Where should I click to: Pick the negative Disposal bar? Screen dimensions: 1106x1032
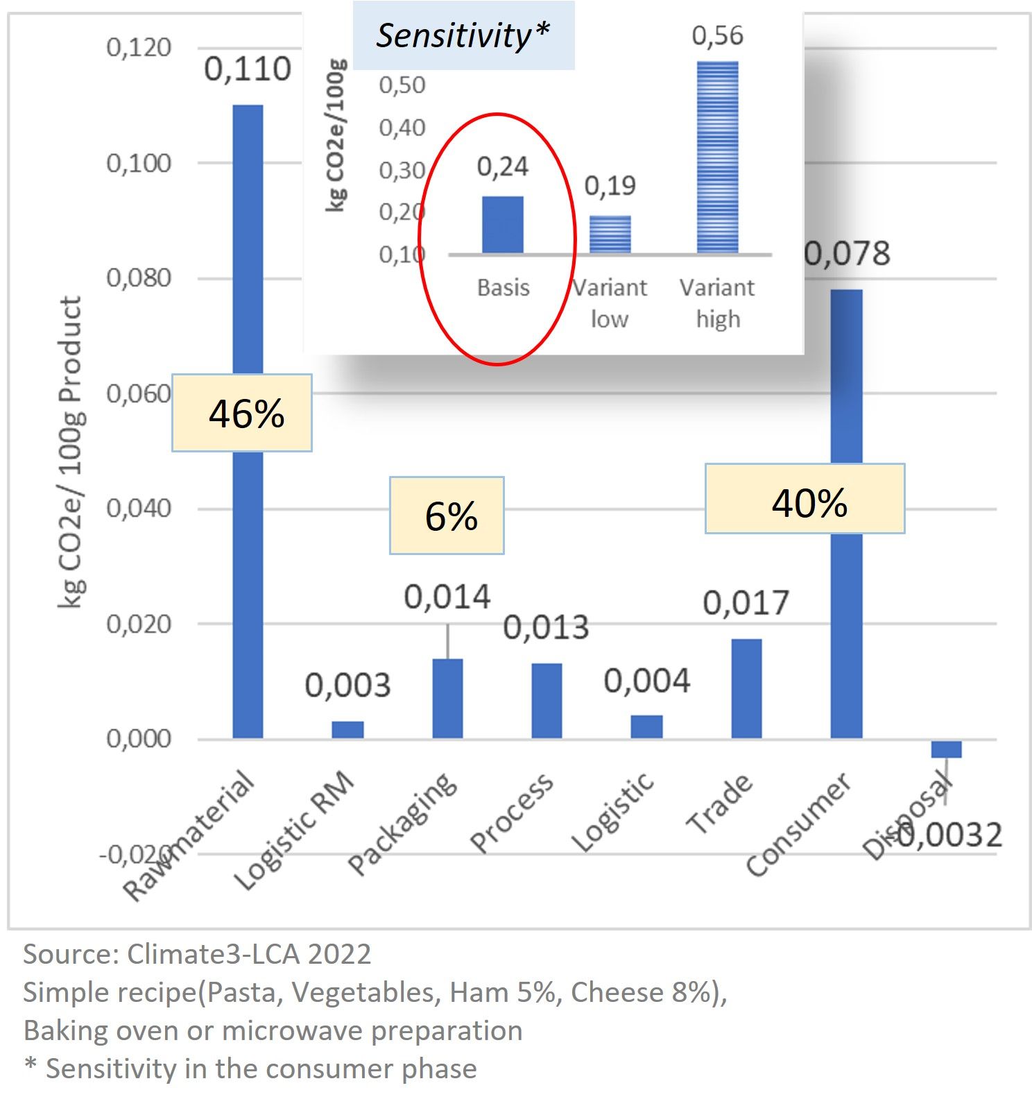coord(946,749)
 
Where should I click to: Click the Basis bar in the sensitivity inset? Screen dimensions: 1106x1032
coord(503,225)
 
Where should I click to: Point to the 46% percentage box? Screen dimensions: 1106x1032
coord(242,414)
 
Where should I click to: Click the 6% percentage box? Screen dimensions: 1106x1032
coord(447,516)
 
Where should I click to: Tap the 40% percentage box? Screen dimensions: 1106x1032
coord(805,499)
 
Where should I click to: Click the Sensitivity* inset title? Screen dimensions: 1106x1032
coord(463,35)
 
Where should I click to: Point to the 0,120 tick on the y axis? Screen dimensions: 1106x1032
coord(139,48)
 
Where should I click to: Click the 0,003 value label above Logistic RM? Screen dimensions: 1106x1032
coord(347,686)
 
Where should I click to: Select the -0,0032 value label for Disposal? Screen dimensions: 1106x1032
coord(950,835)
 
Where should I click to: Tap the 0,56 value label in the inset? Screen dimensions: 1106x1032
coord(717,35)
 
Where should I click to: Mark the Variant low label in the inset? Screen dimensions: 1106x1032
coord(610,303)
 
